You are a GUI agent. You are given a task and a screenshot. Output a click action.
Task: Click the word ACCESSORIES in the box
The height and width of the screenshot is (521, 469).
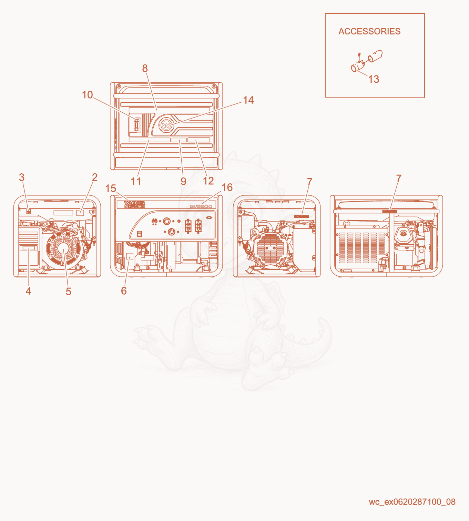[x=369, y=31]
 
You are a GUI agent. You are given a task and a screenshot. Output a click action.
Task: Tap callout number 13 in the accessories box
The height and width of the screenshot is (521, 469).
[x=374, y=79]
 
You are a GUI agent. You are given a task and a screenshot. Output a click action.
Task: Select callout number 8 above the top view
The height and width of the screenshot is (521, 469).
[x=145, y=68]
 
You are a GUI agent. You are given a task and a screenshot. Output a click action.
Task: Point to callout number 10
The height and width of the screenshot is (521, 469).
[x=87, y=95]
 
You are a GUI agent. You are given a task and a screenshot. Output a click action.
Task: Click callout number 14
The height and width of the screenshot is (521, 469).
[x=248, y=100]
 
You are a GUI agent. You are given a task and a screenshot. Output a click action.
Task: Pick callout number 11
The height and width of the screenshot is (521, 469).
[x=136, y=181]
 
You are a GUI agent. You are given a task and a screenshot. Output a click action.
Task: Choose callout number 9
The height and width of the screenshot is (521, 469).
[x=183, y=181]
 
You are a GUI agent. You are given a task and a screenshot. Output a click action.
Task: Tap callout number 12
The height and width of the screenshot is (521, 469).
[x=208, y=181]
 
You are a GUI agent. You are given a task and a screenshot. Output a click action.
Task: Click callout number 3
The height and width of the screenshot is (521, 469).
[x=22, y=177]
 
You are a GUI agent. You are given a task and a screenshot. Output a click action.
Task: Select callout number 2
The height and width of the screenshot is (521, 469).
[x=95, y=177]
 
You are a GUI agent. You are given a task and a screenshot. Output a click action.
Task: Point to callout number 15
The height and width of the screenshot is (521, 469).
[x=110, y=188]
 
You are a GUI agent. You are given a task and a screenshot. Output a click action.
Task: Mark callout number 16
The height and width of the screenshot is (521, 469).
[x=227, y=187]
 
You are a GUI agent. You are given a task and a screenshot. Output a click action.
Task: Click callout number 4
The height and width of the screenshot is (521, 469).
[x=29, y=291]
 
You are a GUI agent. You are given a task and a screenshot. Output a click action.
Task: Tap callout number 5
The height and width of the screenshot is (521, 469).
[x=68, y=292]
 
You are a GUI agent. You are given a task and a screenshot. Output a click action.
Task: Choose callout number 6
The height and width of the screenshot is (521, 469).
[x=124, y=291]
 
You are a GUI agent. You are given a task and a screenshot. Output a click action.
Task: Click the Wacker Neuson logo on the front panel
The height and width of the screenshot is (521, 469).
[x=134, y=205]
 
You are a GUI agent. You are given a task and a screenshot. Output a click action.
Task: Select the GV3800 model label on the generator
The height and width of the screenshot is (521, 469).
[x=201, y=206]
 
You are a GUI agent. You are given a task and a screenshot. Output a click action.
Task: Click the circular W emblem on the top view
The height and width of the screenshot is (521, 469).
[x=166, y=126]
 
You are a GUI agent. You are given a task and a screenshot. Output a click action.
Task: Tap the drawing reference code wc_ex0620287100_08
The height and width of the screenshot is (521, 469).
[x=412, y=502]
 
